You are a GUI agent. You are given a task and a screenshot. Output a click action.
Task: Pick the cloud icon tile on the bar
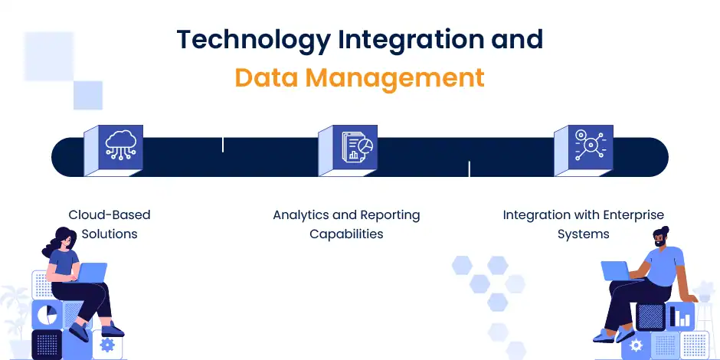(123, 146)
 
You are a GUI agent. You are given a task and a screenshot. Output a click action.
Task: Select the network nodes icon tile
(590, 146)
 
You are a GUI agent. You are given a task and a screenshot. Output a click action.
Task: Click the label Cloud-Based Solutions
(110, 224)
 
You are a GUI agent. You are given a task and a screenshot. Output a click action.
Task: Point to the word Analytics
(301, 215)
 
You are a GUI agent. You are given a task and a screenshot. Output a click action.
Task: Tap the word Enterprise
(627, 215)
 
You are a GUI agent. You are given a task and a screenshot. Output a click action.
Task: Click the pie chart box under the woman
(48, 315)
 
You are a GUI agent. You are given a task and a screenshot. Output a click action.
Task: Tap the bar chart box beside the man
(681, 315)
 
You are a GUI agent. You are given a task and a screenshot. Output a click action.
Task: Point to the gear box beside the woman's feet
(107, 345)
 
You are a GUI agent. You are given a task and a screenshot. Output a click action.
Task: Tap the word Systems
(584, 234)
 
